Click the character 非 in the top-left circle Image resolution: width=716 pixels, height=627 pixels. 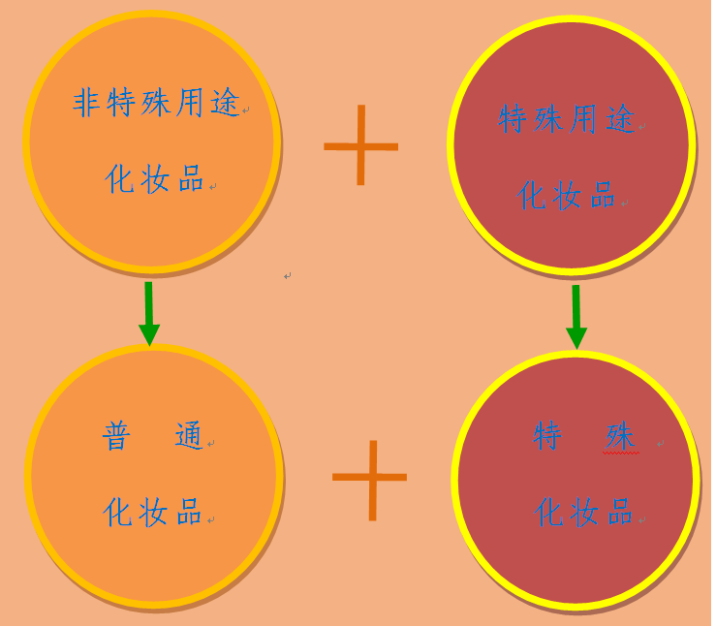click(87, 103)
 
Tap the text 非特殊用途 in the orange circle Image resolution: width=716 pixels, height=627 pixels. click(157, 103)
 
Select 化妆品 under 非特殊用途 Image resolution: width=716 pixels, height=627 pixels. click(154, 179)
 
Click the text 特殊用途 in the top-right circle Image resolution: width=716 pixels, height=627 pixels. click(567, 119)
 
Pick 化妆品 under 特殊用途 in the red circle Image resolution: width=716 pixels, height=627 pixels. click(566, 196)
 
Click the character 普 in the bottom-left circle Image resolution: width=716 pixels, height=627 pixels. click(116, 436)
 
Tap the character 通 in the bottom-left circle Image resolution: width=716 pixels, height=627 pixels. click(189, 436)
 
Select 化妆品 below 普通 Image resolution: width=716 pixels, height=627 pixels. click(152, 512)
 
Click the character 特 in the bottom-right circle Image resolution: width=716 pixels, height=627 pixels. click(547, 436)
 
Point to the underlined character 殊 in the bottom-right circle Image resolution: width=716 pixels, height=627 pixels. click(620, 436)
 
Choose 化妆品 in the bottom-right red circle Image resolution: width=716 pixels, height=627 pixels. click(583, 512)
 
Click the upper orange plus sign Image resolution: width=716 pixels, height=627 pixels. click(360, 146)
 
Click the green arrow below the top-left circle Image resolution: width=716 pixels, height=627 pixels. click(149, 313)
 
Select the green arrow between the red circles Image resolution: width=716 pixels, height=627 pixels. click(576, 317)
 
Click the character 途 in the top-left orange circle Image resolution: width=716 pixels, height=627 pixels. click(226, 103)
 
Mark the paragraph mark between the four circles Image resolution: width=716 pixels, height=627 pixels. click(287, 276)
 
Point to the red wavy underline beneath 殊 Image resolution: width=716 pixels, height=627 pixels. click(621, 454)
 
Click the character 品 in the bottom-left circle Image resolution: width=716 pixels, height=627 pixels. click(189, 512)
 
